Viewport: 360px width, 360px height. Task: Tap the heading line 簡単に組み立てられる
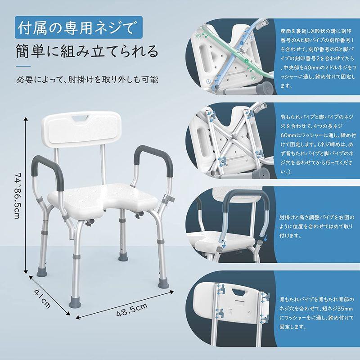pos(87,52)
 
